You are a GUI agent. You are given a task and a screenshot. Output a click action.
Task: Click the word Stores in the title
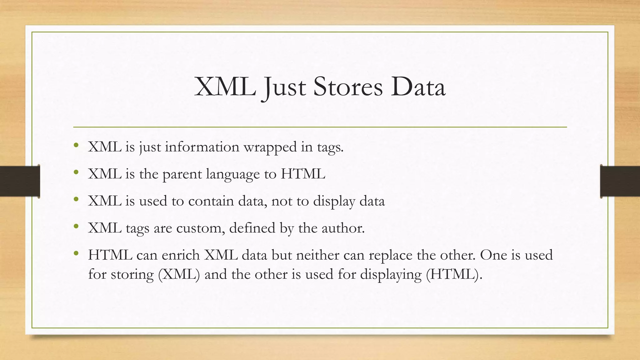(x=347, y=87)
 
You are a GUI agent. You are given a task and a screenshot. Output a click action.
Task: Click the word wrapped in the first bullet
(x=270, y=147)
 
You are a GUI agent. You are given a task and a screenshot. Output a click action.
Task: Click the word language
(x=233, y=174)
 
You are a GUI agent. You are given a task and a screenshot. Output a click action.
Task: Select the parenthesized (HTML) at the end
(x=452, y=274)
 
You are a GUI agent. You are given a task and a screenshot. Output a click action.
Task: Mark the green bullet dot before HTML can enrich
(x=76, y=253)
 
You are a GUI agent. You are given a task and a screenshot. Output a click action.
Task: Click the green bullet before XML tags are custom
(x=76, y=226)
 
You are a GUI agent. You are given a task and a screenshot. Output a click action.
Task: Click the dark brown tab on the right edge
(x=620, y=181)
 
